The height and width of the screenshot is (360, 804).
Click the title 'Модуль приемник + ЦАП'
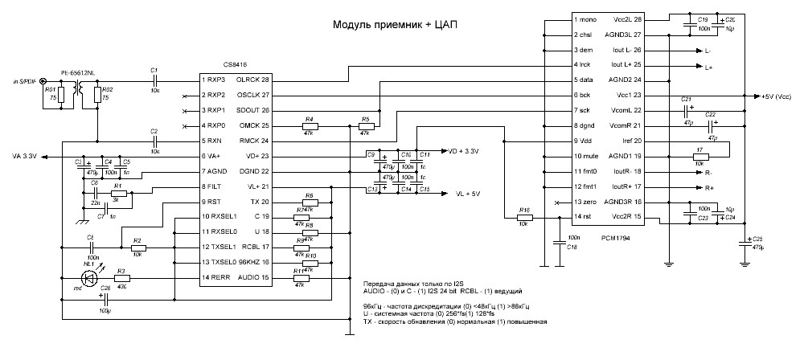click(397, 25)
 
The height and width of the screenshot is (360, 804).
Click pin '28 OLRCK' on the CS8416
click(252, 80)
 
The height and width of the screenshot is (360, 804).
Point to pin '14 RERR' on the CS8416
click(219, 277)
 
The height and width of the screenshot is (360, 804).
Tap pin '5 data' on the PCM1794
click(584, 80)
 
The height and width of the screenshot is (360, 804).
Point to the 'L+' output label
click(708, 67)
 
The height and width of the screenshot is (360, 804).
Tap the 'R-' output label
click(708, 173)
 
